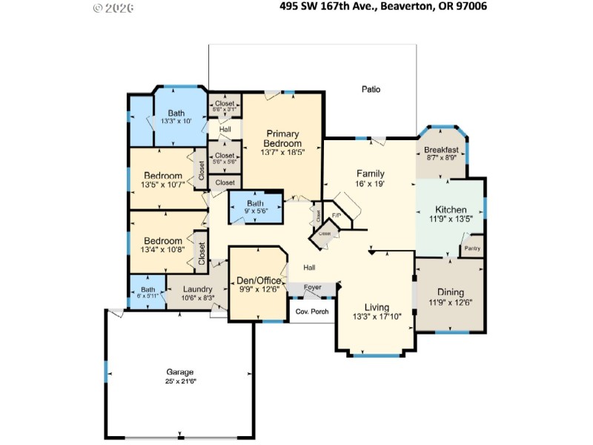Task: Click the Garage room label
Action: (179, 372)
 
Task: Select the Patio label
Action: (371, 89)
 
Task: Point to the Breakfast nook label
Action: (443, 150)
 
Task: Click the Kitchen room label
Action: (451, 209)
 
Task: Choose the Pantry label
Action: (472, 248)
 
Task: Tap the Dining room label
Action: (451, 292)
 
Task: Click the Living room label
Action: (377, 307)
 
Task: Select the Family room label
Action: (370, 173)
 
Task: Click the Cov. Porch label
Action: (312, 311)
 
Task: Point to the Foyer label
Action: (312, 286)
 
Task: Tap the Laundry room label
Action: (197, 289)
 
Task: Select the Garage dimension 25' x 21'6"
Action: (179, 381)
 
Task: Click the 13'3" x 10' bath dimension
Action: (176, 121)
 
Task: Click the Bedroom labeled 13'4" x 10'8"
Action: (162, 241)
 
